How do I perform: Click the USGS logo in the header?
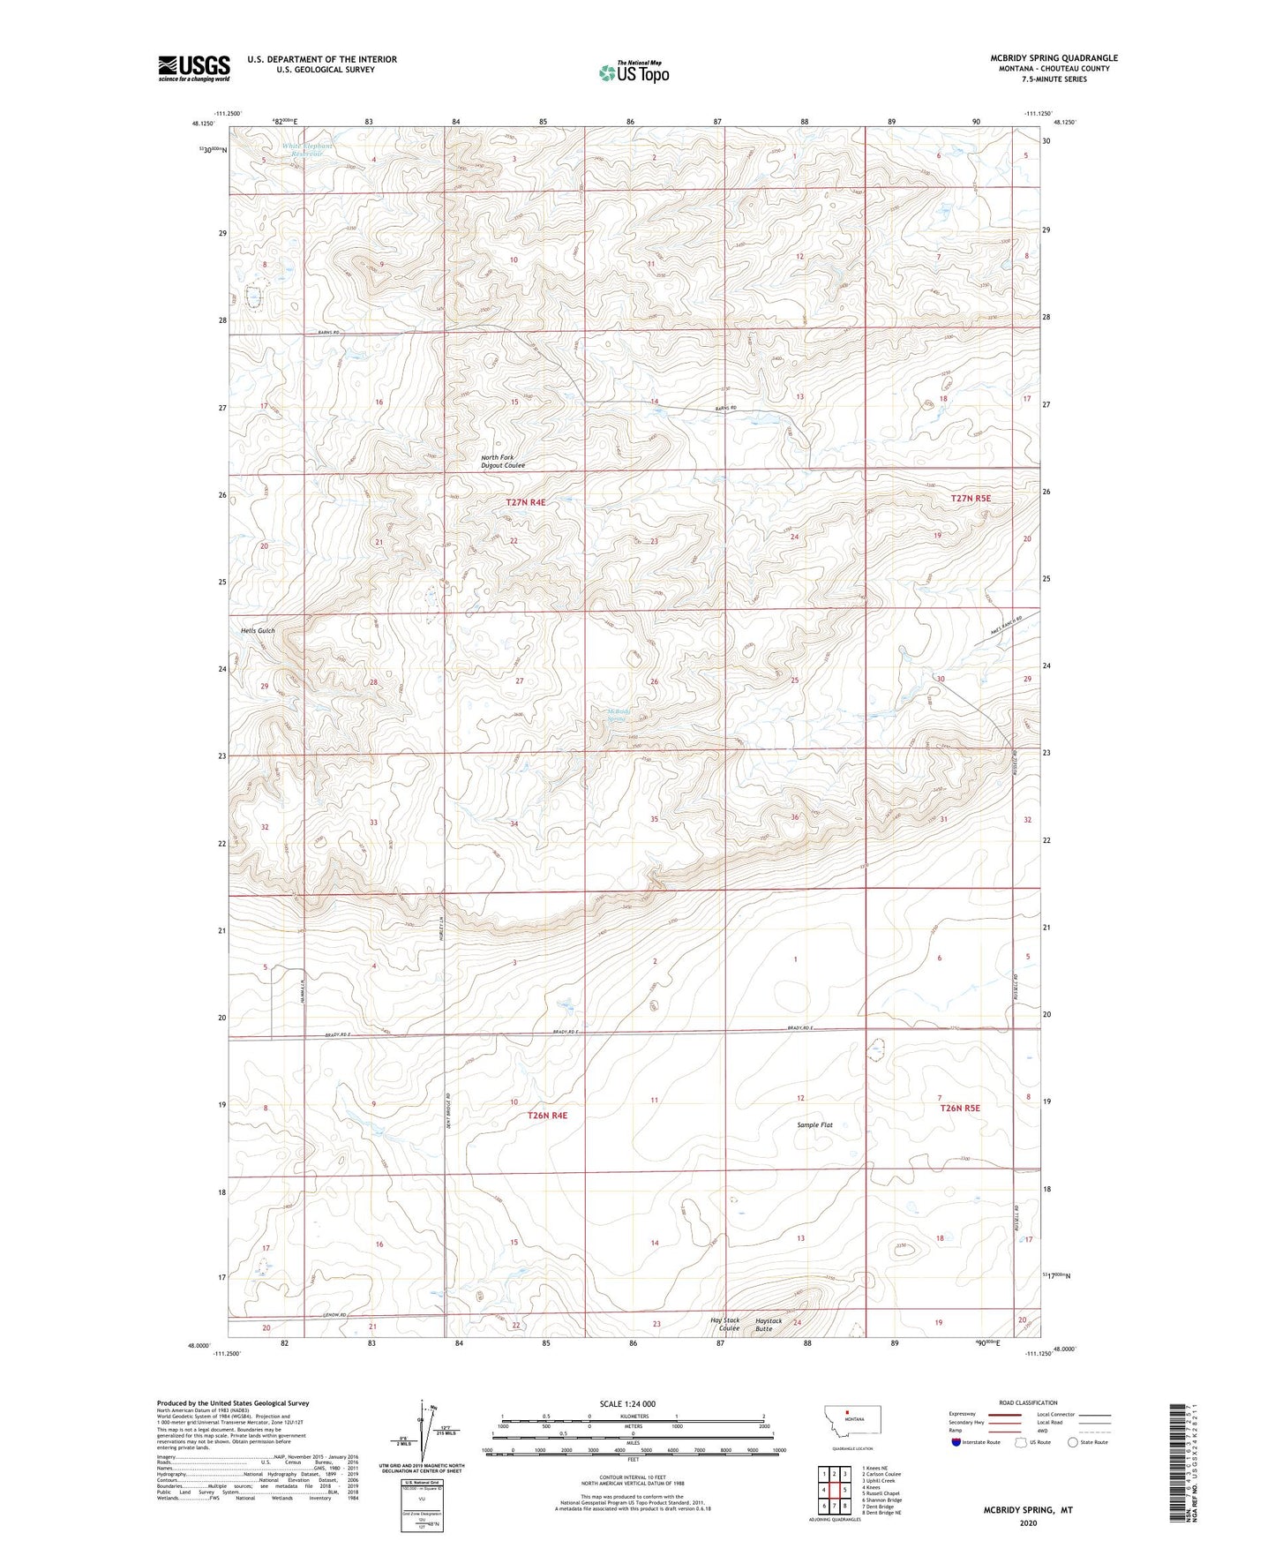pos(194,68)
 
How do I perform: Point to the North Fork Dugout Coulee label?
pos(503,462)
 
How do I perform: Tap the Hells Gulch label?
pos(258,631)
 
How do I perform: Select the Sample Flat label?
pos(814,1125)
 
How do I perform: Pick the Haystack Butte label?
pos(769,1325)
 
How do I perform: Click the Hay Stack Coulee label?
pos(725,1325)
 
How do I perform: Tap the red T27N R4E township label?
pos(526,502)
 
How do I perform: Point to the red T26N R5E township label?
pos(960,1108)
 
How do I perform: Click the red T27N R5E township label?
pos(971,499)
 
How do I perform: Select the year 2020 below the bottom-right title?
pos(1028,1522)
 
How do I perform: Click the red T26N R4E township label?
pos(547,1116)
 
